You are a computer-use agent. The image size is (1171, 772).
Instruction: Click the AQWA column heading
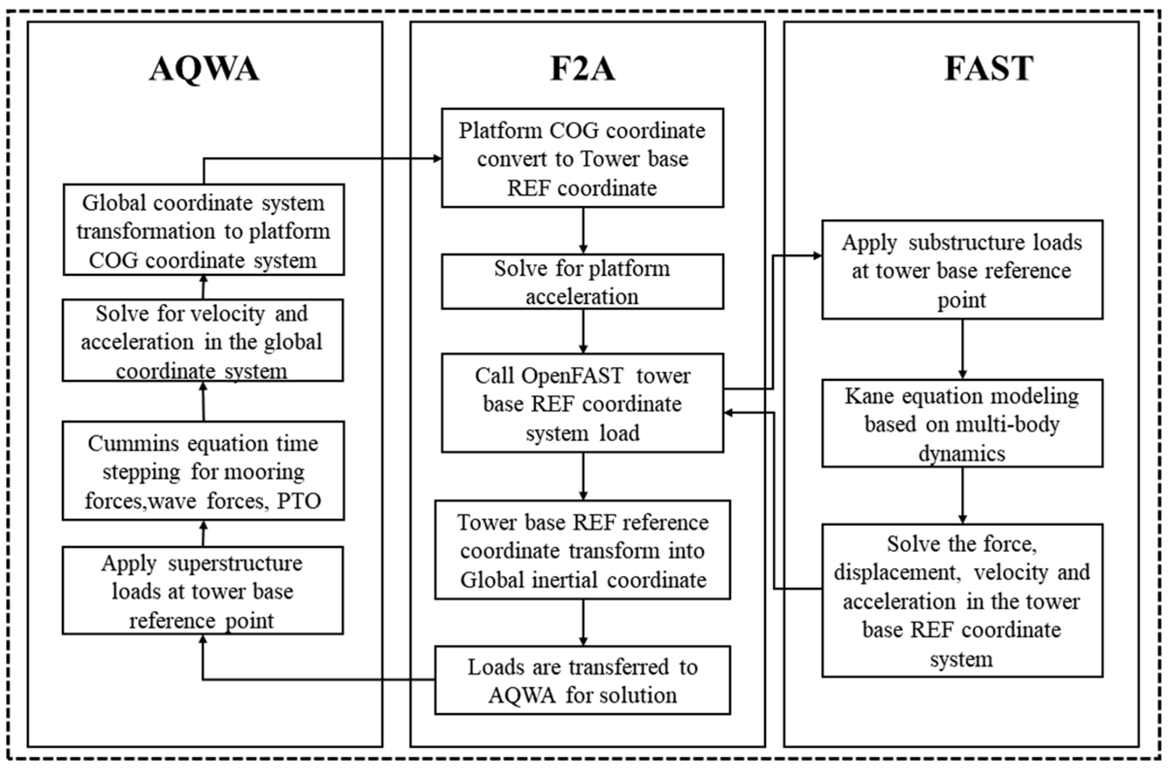click(204, 69)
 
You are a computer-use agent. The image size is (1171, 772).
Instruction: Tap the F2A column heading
click(582, 69)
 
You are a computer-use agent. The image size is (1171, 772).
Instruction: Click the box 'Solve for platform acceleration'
click(582, 282)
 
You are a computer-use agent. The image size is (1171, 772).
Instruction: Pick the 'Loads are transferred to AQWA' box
click(582, 681)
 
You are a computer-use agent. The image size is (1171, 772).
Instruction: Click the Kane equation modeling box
click(962, 423)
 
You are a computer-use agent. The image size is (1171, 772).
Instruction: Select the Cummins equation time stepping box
click(203, 471)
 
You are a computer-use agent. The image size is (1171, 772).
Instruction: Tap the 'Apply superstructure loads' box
click(203, 591)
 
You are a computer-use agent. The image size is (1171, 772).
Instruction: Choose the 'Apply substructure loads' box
click(962, 270)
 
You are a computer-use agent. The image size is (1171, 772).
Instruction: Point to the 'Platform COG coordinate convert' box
click(582, 158)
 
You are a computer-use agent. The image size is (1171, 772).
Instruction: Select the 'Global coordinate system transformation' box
click(204, 230)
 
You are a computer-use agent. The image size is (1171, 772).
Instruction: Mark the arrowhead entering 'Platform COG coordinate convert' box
click(437, 158)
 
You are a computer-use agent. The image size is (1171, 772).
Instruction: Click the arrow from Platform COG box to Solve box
click(583, 230)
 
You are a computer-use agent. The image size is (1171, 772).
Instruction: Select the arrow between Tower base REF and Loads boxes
click(583, 622)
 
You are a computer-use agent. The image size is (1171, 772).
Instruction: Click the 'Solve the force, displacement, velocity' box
click(962, 601)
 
